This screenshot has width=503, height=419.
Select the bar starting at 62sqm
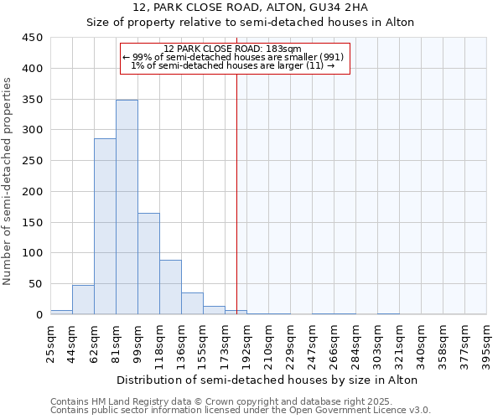105,226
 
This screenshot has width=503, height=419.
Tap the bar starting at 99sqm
148,263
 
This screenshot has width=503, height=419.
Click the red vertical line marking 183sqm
237,193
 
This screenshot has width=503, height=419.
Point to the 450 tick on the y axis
33,38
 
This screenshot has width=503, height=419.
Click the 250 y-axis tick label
33,161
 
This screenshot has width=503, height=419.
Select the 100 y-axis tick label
33,253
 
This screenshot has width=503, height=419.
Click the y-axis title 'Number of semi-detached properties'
9,180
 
